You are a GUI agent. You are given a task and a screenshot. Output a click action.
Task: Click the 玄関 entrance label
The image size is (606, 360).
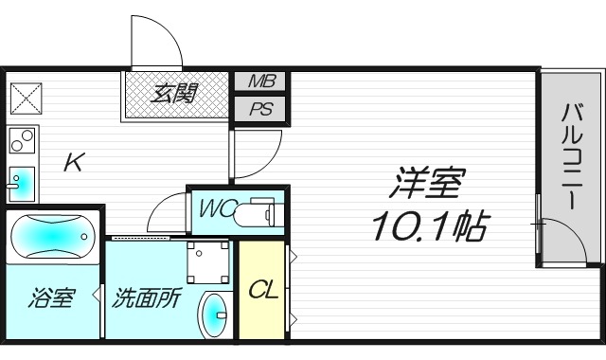click(x=176, y=95)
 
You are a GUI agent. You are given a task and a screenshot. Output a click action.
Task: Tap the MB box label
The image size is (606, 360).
click(x=260, y=81)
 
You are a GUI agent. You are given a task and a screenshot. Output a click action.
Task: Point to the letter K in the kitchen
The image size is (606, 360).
click(x=73, y=162)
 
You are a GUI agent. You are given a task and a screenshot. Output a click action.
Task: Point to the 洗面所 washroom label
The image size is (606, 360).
click(x=146, y=299)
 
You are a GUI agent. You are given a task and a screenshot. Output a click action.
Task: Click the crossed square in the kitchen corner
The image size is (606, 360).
click(x=25, y=98)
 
